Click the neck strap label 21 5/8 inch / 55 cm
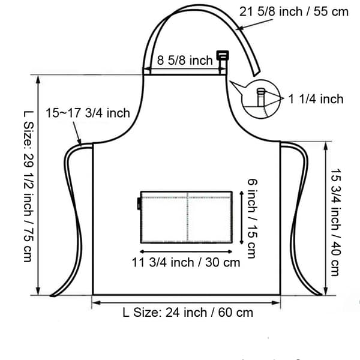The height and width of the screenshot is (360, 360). pyautogui.click(x=294, y=12)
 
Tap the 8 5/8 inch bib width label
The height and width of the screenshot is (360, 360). pyautogui.click(x=185, y=61)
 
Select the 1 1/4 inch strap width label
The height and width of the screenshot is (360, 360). pyautogui.click(x=316, y=99)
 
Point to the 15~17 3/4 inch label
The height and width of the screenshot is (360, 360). pyautogui.click(x=88, y=113)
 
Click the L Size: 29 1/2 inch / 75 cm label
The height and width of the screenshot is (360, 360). pyautogui.click(x=29, y=186)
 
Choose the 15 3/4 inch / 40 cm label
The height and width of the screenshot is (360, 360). pyautogui.click(x=336, y=222)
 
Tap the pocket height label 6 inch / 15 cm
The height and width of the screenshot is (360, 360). pyautogui.click(x=253, y=218)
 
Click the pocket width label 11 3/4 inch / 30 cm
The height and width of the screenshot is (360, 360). pyautogui.click(x=186, y=262)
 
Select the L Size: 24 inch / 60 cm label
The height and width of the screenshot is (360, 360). pyautogui.click(x=188, y=313)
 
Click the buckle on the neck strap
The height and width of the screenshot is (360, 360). pyautogui.click(x=223, y=56)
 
